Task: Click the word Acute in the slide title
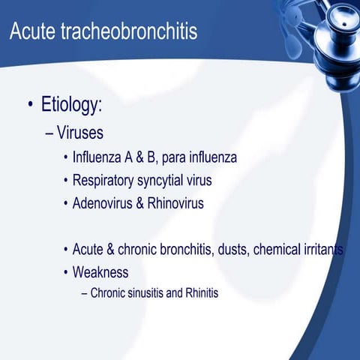tap(34, 32)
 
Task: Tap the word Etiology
tap(71, 106)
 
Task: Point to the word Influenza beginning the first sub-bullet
tap(100, 158)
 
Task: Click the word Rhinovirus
tap(175, 203)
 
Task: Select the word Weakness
tap(100, 271)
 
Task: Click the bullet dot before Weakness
tap(66, 272)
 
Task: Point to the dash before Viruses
tap(49, 133)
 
